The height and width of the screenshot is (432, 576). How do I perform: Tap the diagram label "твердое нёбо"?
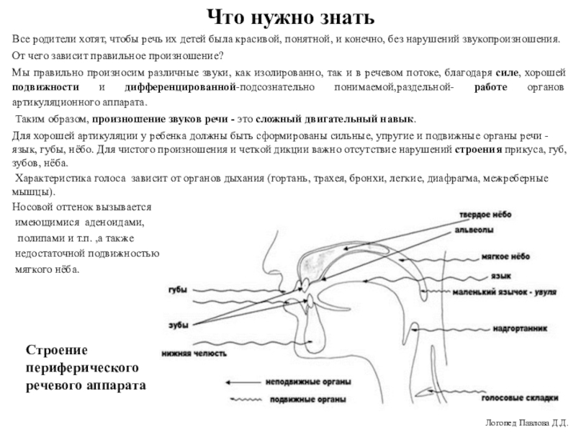click(486, 215)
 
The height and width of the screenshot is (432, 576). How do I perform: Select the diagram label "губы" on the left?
click(177, 289)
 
